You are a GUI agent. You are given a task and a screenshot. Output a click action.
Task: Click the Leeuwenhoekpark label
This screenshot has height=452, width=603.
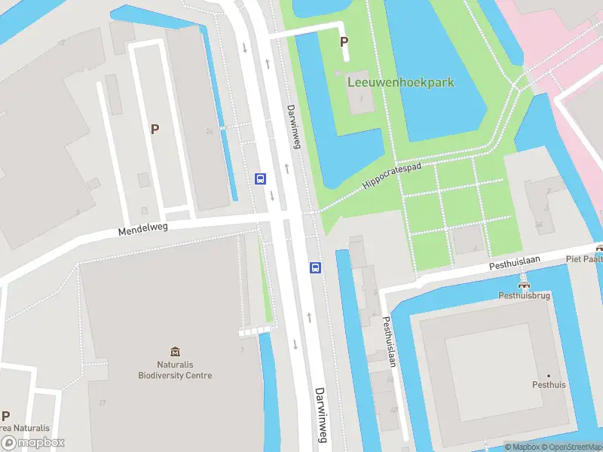[x=400, y=82]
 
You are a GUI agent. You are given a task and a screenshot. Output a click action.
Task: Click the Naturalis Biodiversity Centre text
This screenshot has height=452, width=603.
[x=175, y=370]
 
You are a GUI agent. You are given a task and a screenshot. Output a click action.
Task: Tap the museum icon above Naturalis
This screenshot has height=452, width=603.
[x=176, y=351]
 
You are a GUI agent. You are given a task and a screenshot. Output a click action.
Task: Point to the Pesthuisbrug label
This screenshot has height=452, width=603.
[x=525, y=296]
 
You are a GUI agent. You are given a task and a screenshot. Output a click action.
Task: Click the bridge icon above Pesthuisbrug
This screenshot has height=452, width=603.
[x=525, y=284]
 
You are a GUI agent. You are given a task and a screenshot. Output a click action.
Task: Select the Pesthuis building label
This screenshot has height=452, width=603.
[x=549, y=384]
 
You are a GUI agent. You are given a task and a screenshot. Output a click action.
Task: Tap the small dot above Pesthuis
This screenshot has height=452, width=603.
[x=549, y=375]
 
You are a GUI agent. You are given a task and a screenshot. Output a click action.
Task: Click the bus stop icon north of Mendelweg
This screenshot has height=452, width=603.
[x=261, y=179]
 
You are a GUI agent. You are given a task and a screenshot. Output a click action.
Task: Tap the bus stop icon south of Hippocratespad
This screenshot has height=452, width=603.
[x=316, y=267]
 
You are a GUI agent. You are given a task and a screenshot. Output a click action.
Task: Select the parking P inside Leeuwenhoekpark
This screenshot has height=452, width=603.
[x=344, y=42]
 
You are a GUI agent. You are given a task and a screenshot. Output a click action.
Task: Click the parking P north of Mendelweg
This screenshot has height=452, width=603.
[x=155, y=129]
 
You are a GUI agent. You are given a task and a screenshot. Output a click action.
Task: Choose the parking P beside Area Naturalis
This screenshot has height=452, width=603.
[x=6, y=416]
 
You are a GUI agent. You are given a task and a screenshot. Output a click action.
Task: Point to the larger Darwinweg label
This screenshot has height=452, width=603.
[x=320, y=415]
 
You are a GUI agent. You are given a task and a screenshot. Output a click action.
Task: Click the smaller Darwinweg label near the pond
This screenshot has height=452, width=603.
[x=294, y=126]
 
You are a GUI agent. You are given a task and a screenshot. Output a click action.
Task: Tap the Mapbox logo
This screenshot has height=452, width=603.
[x=32, y=443]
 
